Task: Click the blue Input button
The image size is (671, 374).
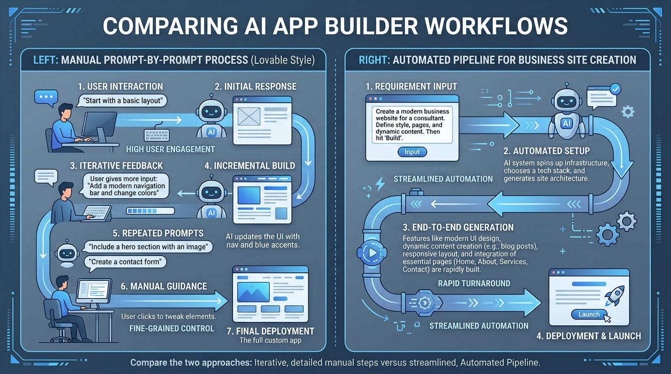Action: coord(412,152)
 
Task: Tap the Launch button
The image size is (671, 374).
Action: coord(589,315)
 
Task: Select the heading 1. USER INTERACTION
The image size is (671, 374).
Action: coord(120,87)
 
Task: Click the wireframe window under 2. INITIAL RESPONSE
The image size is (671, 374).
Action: coord(262,120)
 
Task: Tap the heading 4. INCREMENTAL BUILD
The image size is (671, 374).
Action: coord(250,166)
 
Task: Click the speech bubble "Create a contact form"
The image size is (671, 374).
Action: coord(126,262)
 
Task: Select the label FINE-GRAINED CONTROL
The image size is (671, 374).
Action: coord(172,328)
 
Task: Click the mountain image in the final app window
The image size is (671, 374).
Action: coord(253,292)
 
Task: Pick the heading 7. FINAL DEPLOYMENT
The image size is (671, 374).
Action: coord(271,331)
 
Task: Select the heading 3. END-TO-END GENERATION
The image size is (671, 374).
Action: coord(458,227)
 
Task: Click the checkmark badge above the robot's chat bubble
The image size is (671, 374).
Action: coord(615,89)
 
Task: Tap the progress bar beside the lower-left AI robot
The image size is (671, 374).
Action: coord(150,212)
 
